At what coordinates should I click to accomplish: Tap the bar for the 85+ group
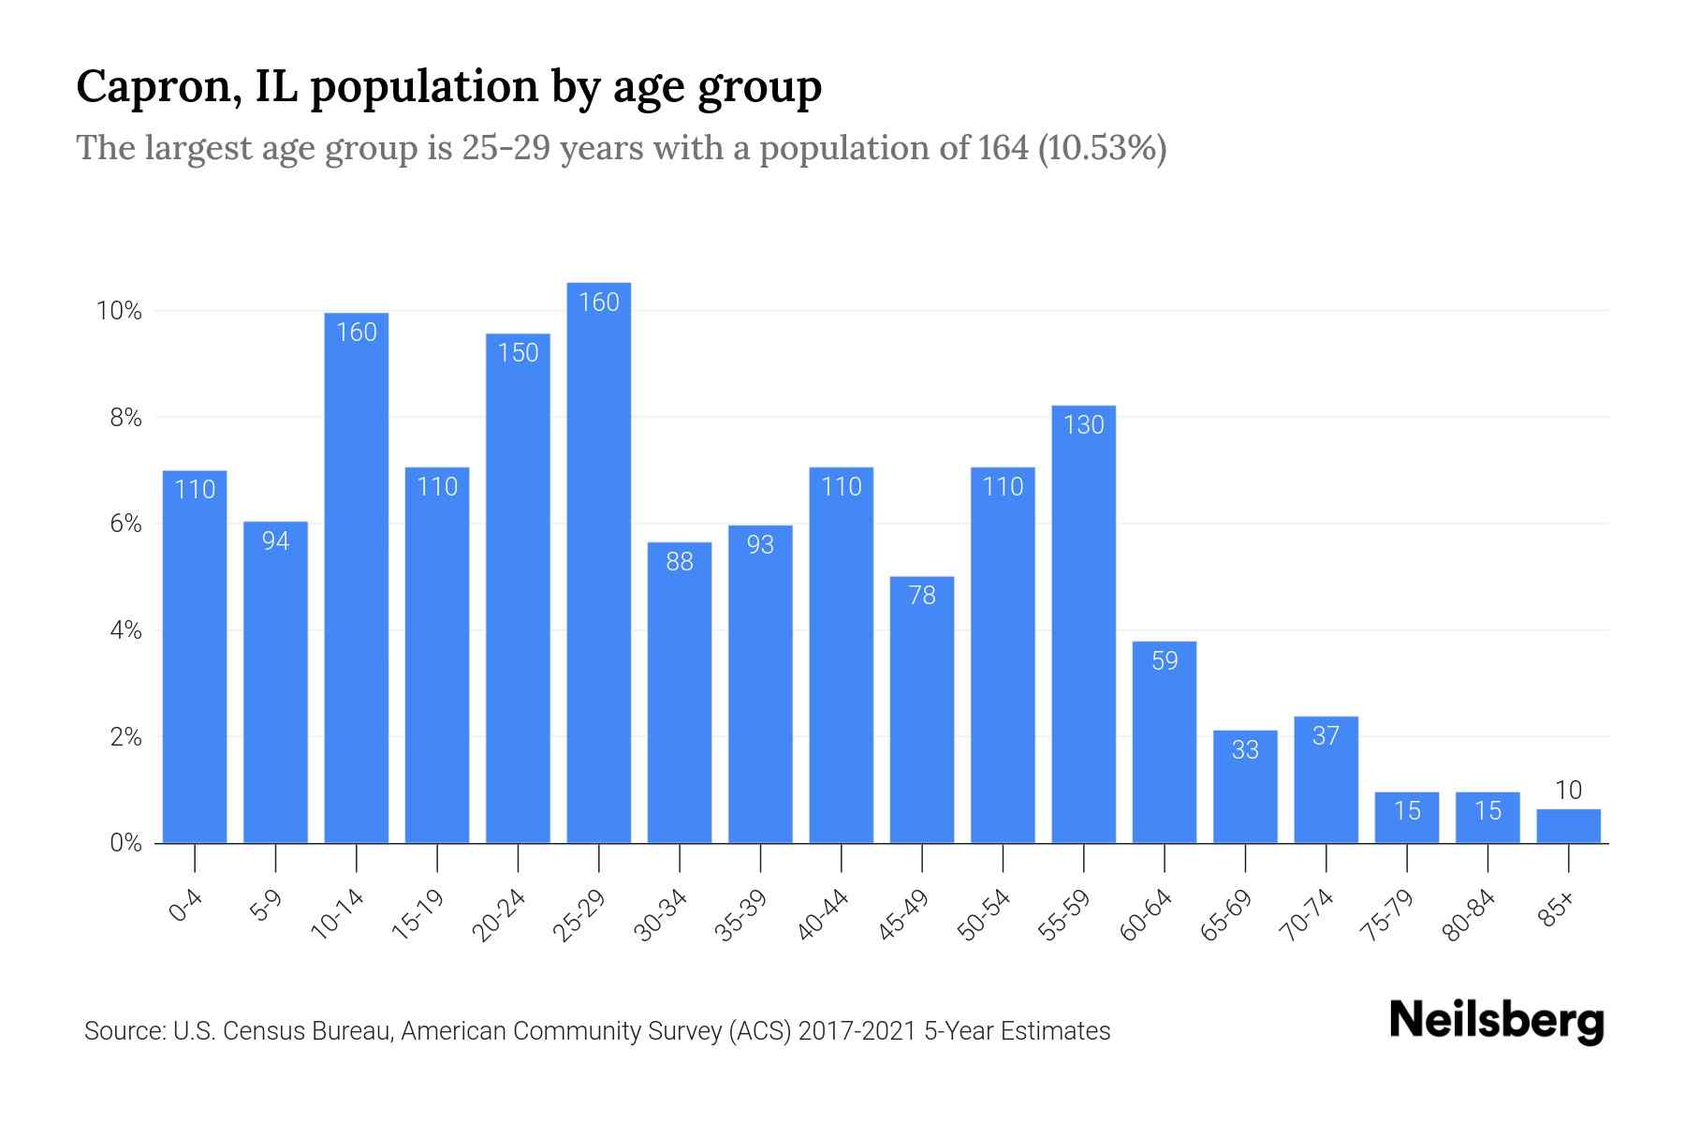point(1568,826)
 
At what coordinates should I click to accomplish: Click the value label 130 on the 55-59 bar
point(1083,425)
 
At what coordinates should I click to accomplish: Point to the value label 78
point(922,596)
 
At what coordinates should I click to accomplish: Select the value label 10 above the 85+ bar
point(1568,791)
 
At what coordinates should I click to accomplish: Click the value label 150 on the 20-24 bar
point(518,353)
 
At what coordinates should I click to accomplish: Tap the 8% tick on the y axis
point(125,418)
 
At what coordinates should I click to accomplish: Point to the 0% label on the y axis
point(125,843)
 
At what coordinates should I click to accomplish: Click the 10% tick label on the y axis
point(120,311)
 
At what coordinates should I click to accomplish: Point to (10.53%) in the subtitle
point(1101,148)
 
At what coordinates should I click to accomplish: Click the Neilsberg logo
point(1496,1021)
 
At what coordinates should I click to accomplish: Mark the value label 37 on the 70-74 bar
point(1326,736)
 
